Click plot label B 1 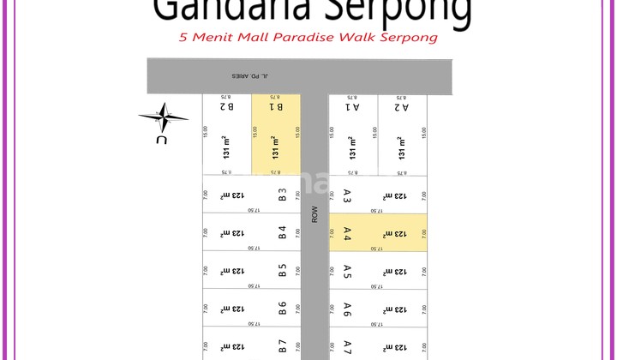click(275, 107)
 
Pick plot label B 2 click(226, 107)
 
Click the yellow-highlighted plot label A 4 click(347, 233)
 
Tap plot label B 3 click(282, 195)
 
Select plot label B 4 click(282, 232)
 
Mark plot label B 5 click(282, 270)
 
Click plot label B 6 click(282, 308)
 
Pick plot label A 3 click(347, 195)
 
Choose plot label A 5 click(347, 271)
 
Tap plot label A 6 click(347, 309)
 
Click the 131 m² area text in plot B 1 click(275, 147)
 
